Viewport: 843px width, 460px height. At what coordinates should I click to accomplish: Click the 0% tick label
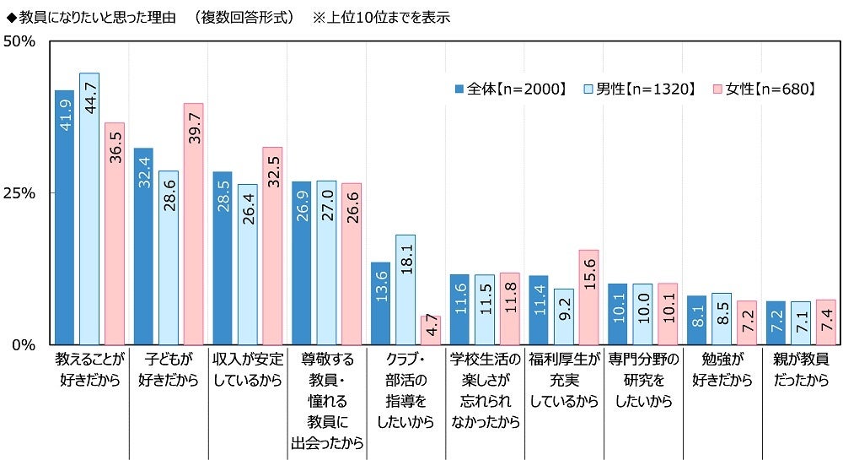click(x=24, y=344)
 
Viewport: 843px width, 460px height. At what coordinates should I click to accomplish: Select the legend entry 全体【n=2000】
click(x=511, y=89)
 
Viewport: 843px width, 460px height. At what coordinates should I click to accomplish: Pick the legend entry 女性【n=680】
click(x=765, y=89)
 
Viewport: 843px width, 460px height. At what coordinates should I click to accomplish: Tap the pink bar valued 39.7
click(x=193, y=224)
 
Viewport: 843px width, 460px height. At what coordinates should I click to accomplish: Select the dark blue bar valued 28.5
click(x=223, y=257)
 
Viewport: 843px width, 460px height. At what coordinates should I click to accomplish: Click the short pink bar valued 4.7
click(x=431, y=331)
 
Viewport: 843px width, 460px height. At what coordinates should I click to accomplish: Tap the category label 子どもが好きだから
click(x=168, y=369)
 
